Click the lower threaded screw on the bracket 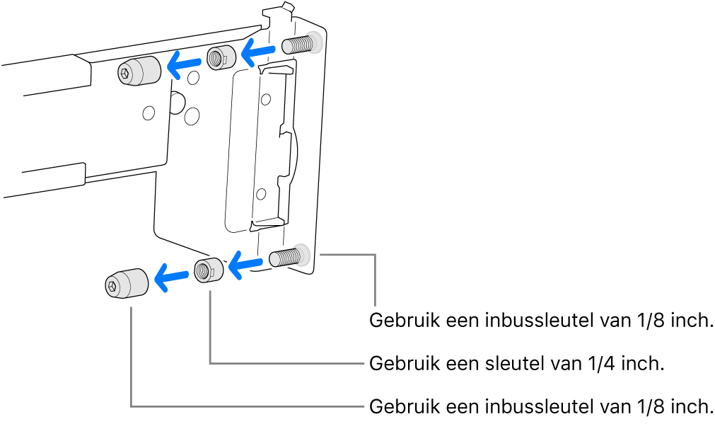click(x=286, y=257)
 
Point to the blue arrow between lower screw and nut click(x=245, y=266)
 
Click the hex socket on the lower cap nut click(x=112, y=285)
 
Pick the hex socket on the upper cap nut click(x=124, y=72)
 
